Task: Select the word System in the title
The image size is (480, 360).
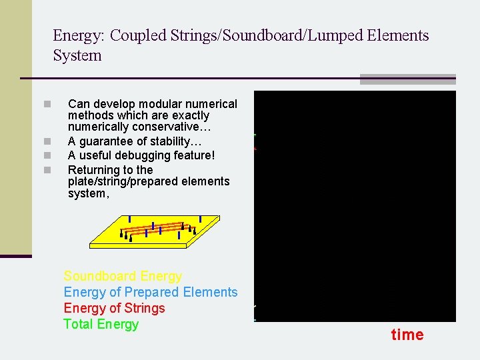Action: coord(77,55)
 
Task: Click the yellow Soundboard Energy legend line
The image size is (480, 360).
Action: coord(123,276)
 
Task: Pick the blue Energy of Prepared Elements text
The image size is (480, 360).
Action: coord(150,292)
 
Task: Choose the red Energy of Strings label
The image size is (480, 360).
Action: coord(114,308)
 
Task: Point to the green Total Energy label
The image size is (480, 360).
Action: coord(101,324)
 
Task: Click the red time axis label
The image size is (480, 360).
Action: coord(407,335)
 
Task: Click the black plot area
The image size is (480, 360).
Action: coord(355,207)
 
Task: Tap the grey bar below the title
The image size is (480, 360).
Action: coord(407,79)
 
